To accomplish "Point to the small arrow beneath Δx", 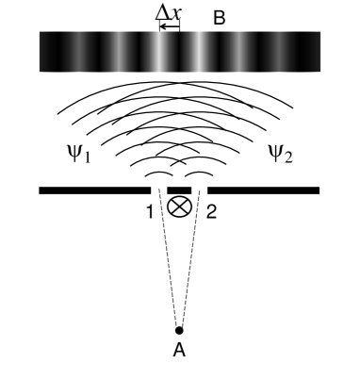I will (x=170, y=26).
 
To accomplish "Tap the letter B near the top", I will (x=220, y=16).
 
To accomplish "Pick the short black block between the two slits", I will (x=179, y=190).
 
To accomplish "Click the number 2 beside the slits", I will (x=210, y=211).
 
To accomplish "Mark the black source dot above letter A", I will (x=179, y=330).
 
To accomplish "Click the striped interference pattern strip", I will (x=179, y=52).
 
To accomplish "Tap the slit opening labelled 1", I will (x=163, y=190).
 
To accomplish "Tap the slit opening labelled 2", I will (x=195, y=190).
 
